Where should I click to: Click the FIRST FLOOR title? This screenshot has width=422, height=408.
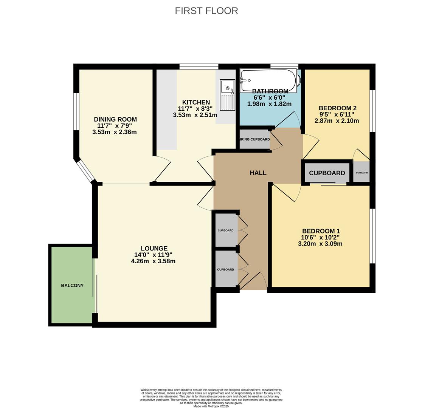point(206,11)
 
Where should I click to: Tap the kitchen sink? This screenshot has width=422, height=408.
point(227,95)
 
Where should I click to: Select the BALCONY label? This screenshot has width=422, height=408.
point(72,285)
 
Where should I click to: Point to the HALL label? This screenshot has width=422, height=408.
point(258,173)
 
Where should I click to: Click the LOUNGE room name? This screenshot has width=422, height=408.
point(154,248)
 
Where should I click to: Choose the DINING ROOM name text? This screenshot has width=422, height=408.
point(115,119)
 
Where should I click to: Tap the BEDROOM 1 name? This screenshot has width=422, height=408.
point(321,231)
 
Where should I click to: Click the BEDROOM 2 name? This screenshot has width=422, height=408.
point(338,108)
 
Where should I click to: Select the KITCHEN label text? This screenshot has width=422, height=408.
point(196,102)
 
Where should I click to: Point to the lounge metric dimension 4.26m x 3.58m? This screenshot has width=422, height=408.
point(153,261)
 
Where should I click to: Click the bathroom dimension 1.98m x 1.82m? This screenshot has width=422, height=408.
point(269,104)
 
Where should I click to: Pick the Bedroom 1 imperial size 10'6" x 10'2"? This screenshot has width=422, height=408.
point(320,238)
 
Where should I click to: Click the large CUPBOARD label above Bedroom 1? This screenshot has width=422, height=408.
point(327,173)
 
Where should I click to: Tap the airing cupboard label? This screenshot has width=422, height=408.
point(254,139)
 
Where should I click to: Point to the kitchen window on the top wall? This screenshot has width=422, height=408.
point(199,66)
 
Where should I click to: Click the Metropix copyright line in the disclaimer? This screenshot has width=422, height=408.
point(211,406)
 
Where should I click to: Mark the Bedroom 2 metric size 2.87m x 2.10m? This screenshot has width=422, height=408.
point(337,121)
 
